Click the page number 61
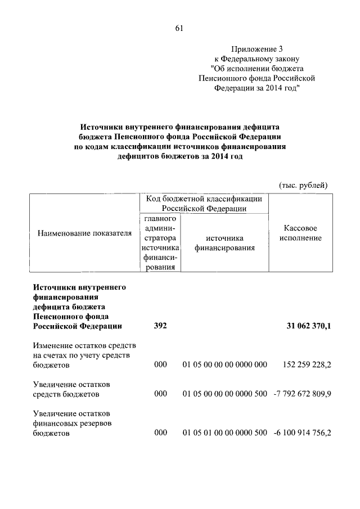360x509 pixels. click(179, 28)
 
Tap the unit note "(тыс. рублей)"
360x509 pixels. click(303, 185)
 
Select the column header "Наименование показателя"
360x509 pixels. click(84, 232)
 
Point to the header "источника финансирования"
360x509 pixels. click(225, 242)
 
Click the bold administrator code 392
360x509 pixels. click(161, 326)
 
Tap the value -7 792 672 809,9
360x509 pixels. click(302, 393)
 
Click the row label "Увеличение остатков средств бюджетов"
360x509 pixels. click(71, 389)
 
